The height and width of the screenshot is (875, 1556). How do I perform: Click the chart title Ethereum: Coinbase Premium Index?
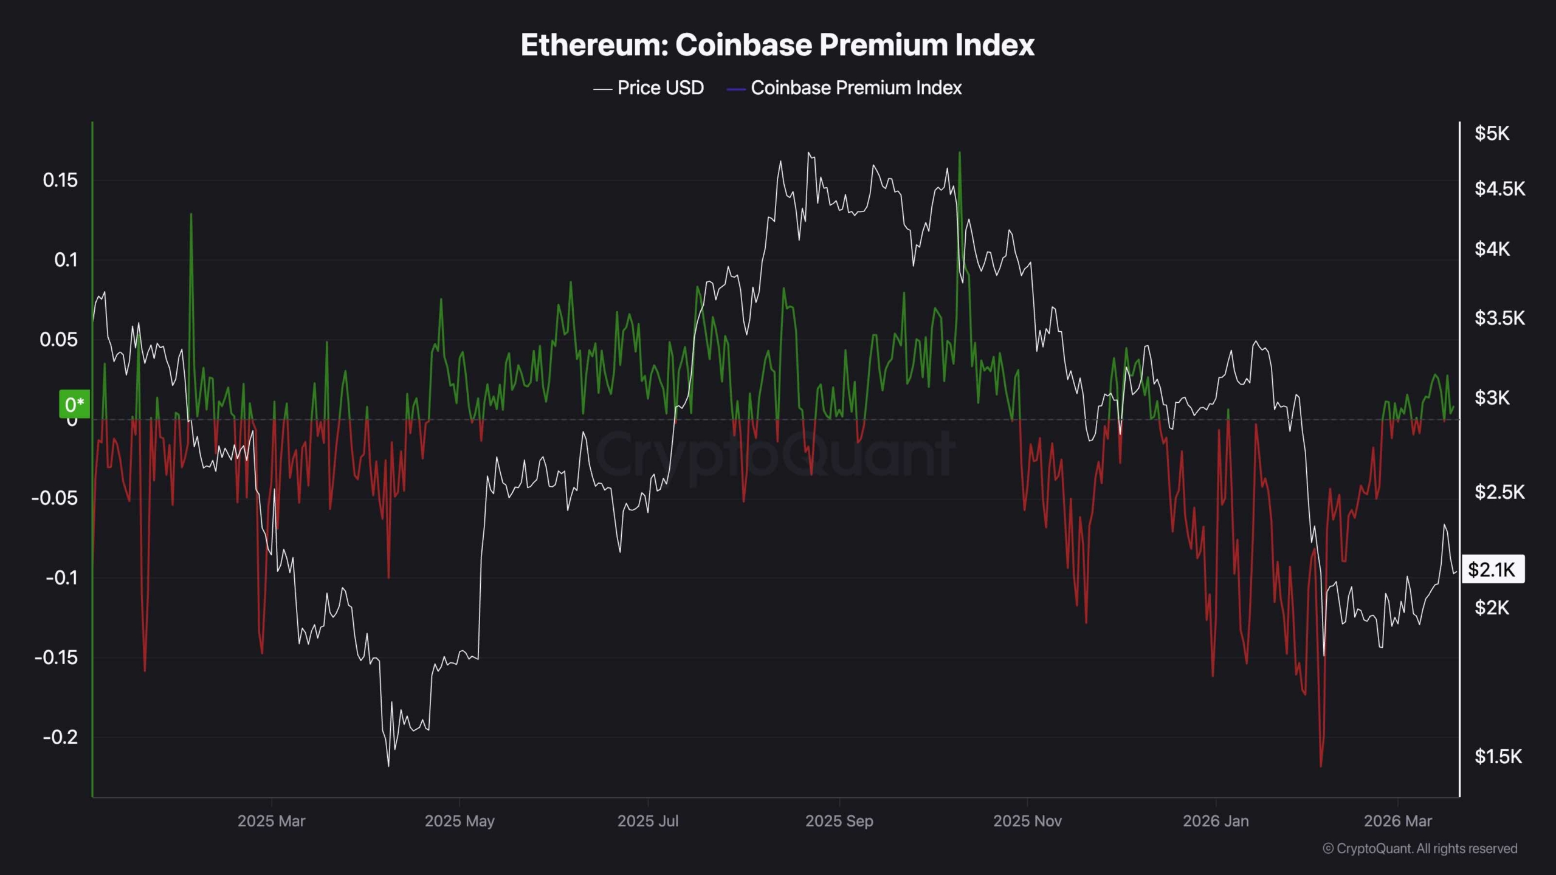(777, 45)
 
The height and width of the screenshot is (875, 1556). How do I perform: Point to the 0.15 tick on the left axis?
(60, 180)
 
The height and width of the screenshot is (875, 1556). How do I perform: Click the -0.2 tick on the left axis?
(60, 737)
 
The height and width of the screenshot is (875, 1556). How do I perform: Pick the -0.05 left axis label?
(55, 498)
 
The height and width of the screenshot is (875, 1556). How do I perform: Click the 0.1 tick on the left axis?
(66, 260)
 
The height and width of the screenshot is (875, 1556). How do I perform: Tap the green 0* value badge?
(74, 404)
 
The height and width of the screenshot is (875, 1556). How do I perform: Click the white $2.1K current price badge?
(1492, 569)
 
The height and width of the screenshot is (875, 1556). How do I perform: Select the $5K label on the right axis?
(1492, 133)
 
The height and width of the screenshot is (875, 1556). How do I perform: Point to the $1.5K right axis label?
(1498, 757)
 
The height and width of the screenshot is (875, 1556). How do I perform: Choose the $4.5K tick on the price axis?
(1499, 189)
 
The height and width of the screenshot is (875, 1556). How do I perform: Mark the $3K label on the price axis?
(1492, 398)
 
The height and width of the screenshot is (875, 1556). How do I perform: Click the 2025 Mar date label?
(271, 821)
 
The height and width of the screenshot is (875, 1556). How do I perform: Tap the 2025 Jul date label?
(647, 821)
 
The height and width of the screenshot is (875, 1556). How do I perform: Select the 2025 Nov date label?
(1027, 821)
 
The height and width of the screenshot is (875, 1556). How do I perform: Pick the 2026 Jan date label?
(1216, 821)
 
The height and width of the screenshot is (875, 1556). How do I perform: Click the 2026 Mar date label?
(1397, 821)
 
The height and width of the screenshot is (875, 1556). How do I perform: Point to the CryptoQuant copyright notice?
(1420, 848)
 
